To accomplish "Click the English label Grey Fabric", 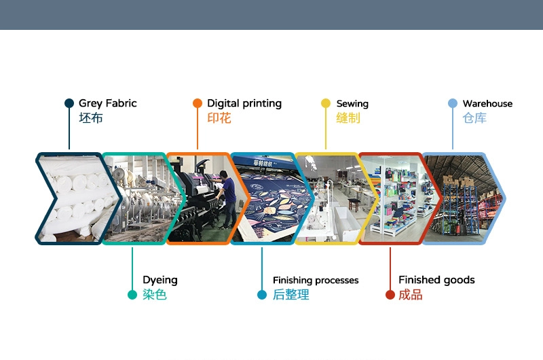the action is click(108, 103).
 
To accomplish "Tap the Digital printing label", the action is click(244, 103).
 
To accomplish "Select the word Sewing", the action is click(352, 104).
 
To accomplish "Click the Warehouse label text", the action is click(487, 103).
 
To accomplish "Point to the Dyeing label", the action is click(160, 280).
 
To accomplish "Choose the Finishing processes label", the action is click(316, 280).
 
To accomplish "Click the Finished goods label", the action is click(436, 280).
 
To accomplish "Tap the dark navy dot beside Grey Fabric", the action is click(69, 103).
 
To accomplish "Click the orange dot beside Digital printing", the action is click(198, 103).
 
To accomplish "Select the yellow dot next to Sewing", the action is click(326, 103).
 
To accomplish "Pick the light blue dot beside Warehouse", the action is click(453, 103).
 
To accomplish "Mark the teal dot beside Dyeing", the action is click(132, 295).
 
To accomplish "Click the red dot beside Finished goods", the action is click(390, 295).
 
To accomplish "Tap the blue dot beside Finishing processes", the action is click(262, 295).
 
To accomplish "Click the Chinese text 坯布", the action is click(91, 118).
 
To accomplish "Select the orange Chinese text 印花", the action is click(219, 118).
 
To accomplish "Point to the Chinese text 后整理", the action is click(291, 295).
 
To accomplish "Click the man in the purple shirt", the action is click(227, 199).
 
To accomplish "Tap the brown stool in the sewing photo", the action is click(354, 204).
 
